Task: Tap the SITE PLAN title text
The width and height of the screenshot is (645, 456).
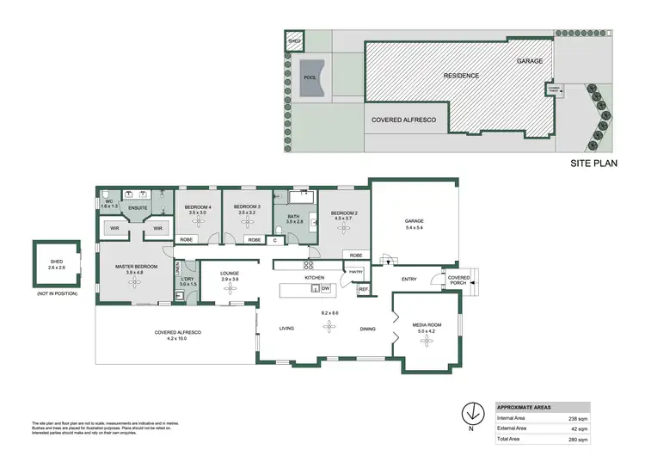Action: (594, 162)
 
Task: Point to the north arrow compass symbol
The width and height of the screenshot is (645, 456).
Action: (470, 411)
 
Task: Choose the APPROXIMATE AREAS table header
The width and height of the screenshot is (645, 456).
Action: (525, 407)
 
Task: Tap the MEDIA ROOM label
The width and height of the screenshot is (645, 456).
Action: (427, 324)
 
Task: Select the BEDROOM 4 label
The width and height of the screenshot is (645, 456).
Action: (198, 206)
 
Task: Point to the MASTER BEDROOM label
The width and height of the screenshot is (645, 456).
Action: (138, 267)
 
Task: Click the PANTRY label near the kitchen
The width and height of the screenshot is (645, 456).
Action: (356, 272)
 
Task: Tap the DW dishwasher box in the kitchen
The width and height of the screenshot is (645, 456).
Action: (326, 288)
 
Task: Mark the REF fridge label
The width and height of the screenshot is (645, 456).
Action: (363, 290)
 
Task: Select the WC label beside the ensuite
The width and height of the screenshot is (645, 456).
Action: (109, 202)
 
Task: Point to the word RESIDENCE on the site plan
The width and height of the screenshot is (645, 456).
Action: (461, 76)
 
